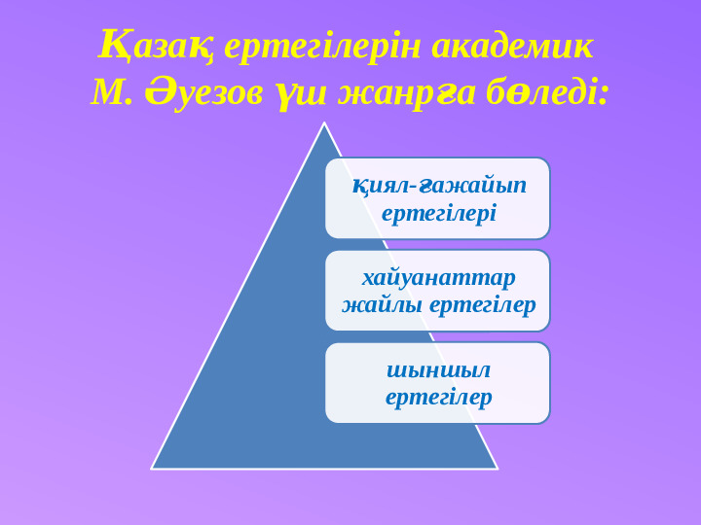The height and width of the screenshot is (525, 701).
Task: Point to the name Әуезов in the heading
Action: click(203, 93)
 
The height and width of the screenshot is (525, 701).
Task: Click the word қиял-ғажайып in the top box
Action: click(439, 186)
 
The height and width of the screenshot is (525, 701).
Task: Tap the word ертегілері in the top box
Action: click(439, 213)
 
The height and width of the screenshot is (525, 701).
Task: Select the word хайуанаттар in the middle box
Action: click(438, 278)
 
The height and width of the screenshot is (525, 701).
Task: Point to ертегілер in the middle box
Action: click(482, 306)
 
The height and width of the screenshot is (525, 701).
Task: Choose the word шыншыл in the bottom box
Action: click(438, 370)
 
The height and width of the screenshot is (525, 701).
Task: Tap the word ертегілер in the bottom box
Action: click(438, 398)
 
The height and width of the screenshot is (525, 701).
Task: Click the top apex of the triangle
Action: click(324, 122)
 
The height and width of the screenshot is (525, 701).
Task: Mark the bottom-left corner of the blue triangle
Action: click(152, 469)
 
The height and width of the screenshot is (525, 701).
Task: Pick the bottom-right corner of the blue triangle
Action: click(498, 469)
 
